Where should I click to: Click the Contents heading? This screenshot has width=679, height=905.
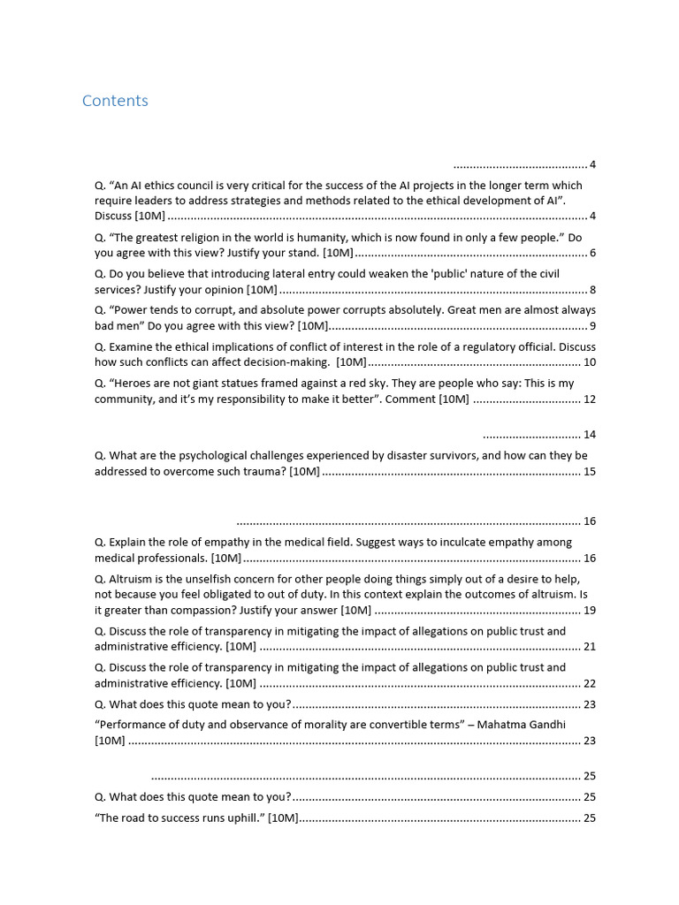click(115, 101)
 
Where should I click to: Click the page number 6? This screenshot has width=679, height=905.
click(592, 254)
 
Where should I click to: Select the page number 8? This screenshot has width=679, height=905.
click(592, 290)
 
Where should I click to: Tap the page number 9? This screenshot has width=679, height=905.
click(592, 326)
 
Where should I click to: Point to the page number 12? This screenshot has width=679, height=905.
click(590, 399)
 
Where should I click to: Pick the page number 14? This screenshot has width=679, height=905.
click(590, 435)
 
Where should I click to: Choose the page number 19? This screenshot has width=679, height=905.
click(590, 611)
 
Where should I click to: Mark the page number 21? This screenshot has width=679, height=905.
click(590, 647)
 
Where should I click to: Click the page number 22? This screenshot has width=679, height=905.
click(590, 683)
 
